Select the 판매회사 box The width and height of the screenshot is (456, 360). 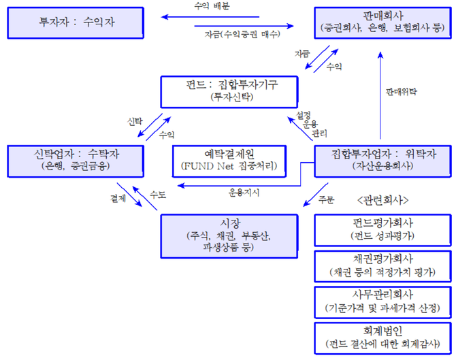pyautogui.click(x=382, y=22)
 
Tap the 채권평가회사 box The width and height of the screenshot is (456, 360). pyautogui.click(x=382, y=266)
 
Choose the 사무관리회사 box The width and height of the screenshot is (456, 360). pyautogui.click(x=382, y=302)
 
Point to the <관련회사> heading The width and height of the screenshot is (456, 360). pyautogui.click(x=382, y=201)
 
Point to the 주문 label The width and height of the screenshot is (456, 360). pyautogui.click(x=327, y=199)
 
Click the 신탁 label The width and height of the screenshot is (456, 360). pyautogui.click(x=135, y=120)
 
